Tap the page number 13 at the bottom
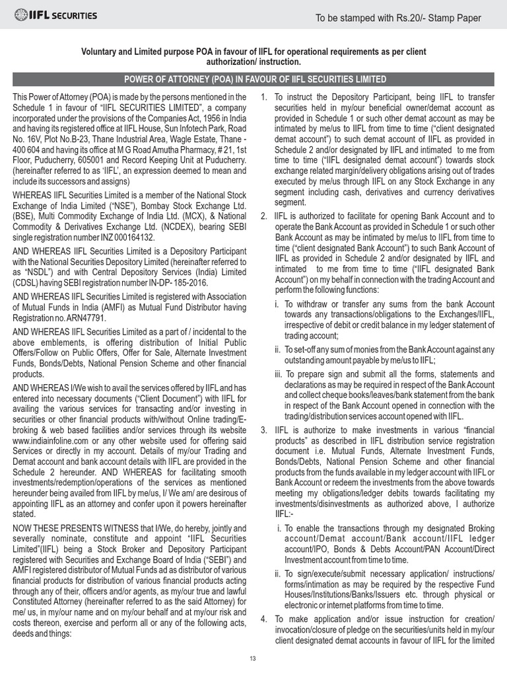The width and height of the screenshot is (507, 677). coord(253,658)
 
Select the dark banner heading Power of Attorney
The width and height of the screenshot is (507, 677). coord(253,79)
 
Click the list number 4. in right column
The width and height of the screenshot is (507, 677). coord(264,619)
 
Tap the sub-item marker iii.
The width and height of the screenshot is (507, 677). coord(279,374)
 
